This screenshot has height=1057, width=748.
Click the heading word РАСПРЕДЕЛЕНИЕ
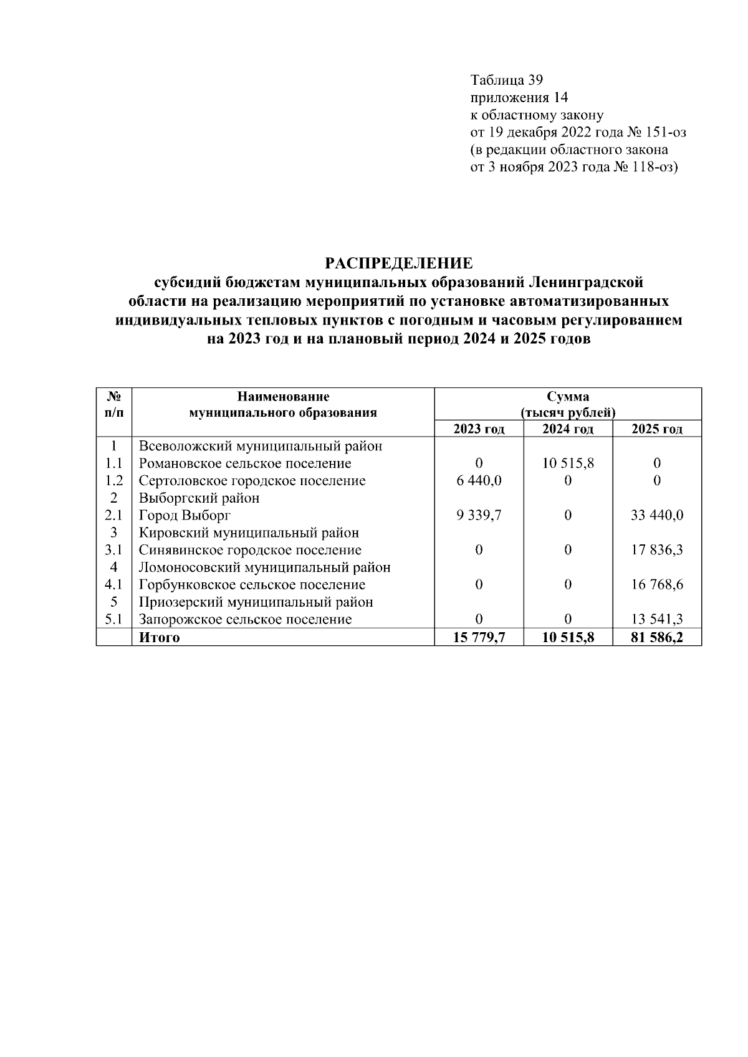point(400,262)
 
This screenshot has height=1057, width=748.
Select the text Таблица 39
point(507,80)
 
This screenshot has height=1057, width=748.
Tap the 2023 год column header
point(479,429)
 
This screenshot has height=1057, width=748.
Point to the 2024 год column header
point(568,429)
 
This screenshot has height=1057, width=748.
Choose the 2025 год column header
point(657,429)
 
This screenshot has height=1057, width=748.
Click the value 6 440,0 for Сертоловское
point(479,481)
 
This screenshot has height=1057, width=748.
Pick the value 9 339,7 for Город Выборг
point(479,516)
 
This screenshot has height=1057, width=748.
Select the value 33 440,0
point(657,516)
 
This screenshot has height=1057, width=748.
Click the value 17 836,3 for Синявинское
point(657,551)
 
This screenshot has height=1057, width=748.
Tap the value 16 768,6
point(657,585)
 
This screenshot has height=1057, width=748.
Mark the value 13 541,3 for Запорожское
point(657,620)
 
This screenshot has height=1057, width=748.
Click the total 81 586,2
point(657,638)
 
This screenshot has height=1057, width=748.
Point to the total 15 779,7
point(479,638)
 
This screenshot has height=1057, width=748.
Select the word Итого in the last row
point(159,638)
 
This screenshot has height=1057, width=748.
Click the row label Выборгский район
point(199,498)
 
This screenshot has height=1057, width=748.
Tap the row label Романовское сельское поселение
point(244,463)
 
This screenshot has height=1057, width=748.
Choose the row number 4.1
point(113,585)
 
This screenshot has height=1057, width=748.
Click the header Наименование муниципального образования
point(283,404)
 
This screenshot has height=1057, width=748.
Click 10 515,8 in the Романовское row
point(568,463)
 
